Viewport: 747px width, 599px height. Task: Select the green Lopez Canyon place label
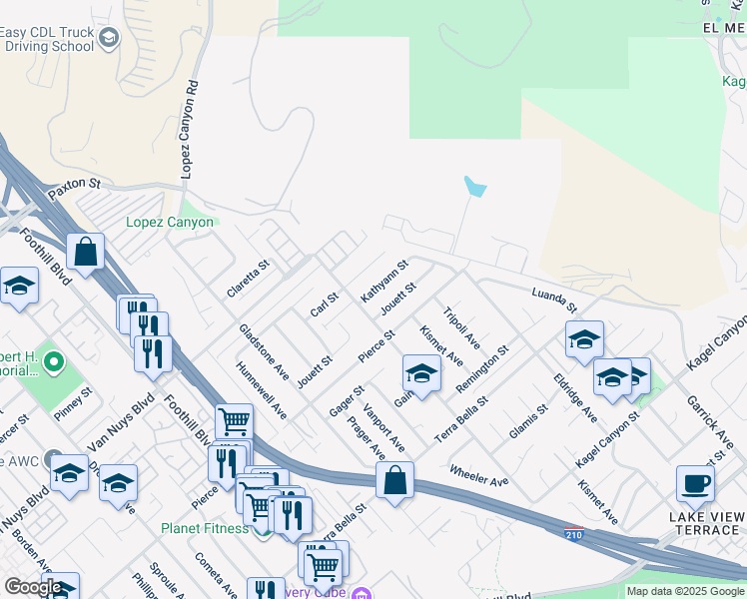[x=170, y=222]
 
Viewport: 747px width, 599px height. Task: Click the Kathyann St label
[x=384, y=283]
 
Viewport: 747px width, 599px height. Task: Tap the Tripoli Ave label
[x=461, y=326]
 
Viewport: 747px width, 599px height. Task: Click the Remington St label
[x=482, y=368]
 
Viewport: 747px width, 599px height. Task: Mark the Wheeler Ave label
[x=478, y=474]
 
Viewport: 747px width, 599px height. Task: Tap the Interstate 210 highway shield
[x=573, y=535]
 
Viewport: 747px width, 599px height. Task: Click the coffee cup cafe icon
[x=695, y=484]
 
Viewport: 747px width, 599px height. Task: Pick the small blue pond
[x=475, y=187]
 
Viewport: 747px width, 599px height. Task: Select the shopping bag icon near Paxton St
[x=86, y=252]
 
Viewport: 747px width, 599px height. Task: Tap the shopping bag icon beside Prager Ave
[x=395, y=480]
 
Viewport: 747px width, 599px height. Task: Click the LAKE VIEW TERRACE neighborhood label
[x=706, y=522]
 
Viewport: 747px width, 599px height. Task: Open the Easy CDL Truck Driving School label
[x=47, y=39]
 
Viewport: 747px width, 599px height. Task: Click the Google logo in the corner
[x=33, y=587]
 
